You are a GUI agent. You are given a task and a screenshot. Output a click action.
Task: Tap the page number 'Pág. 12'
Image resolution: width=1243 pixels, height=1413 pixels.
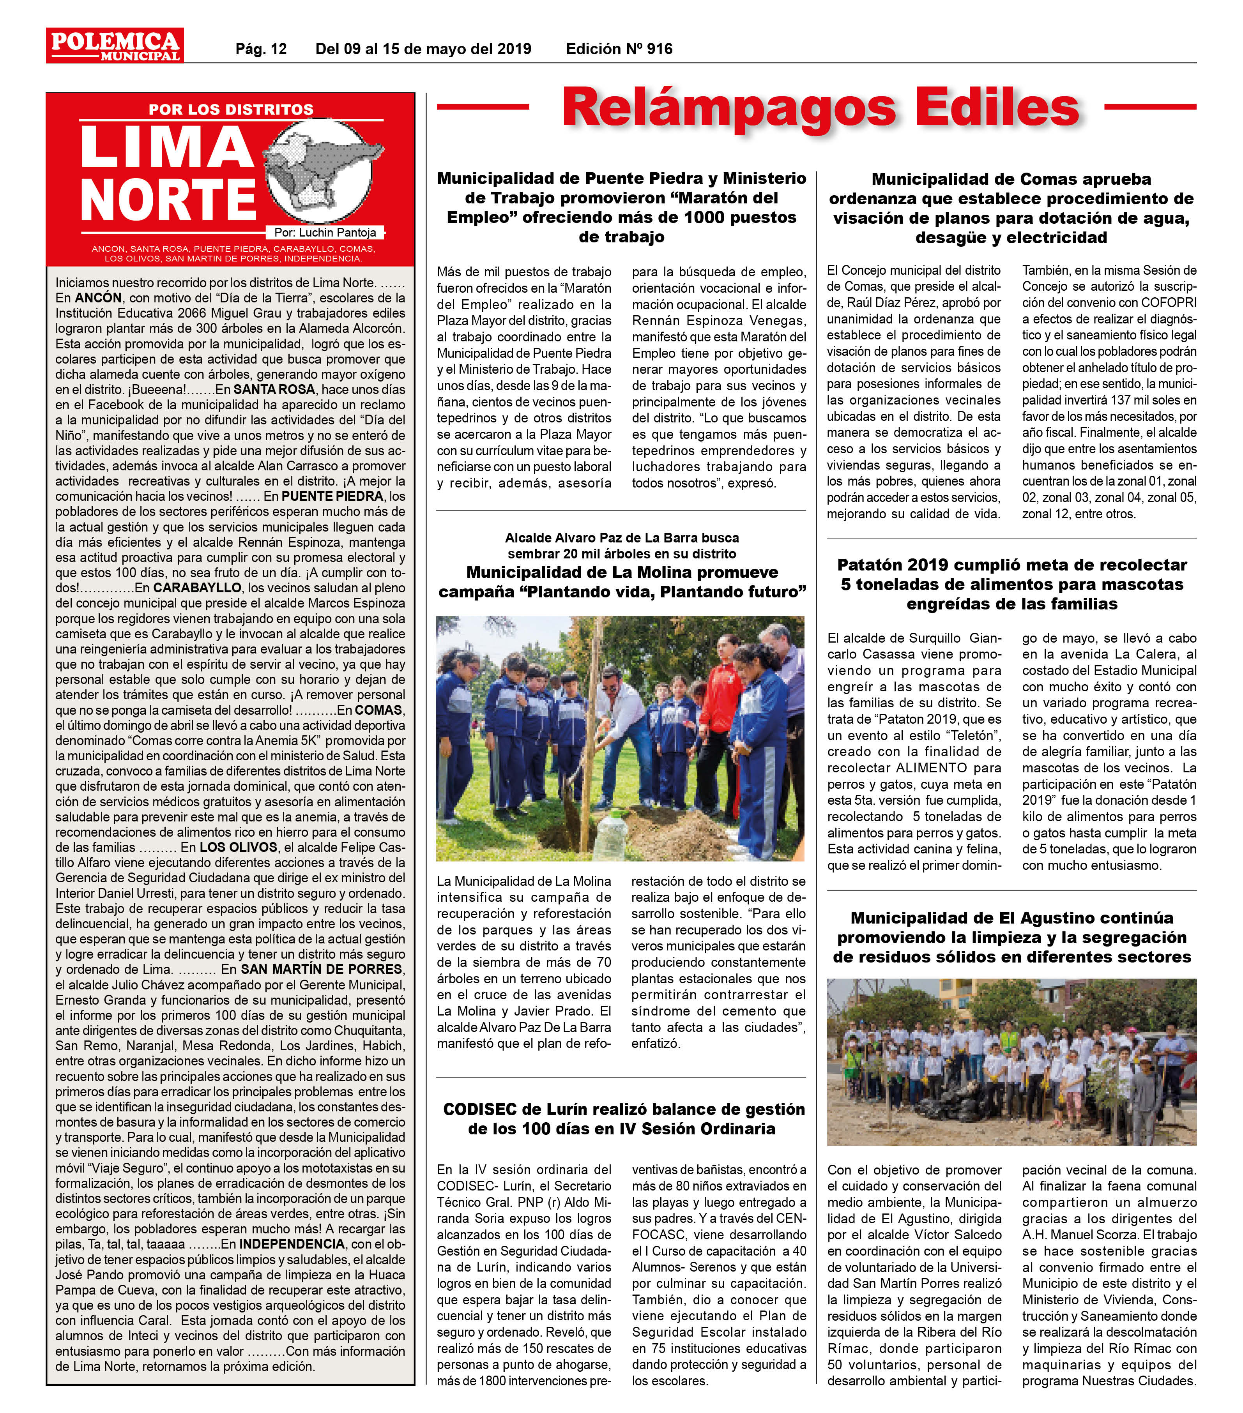pyautogui.click(x=261, y=49)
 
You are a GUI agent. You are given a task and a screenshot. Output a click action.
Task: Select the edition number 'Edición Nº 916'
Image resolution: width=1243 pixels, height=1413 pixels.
pyautogui.click(x=619, y=49)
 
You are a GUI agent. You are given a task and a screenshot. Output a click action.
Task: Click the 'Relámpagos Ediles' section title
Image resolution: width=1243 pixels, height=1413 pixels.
pyautogui.click(x=820, y=107)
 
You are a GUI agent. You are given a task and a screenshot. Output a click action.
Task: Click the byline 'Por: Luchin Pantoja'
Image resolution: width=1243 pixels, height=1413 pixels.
pyautogui.click(x=325, y=233)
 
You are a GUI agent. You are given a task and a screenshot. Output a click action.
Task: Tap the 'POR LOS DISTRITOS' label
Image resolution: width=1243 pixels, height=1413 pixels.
pyautogui.click(x=231, y=109)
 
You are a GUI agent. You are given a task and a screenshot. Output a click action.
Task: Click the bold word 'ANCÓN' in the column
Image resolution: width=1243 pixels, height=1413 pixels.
pyautogui.click(x=98, y=298)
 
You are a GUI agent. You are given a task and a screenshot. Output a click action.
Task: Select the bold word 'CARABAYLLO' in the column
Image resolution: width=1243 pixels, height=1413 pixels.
pyautogui.click(x=197, y=588)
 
